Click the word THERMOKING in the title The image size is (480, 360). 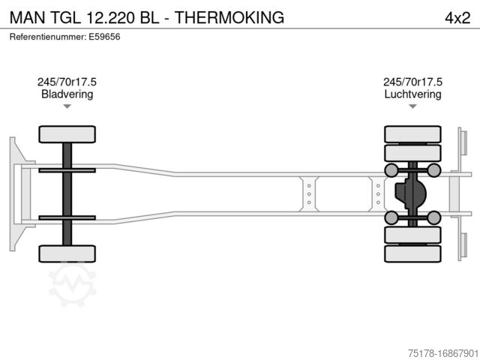pos(229,17)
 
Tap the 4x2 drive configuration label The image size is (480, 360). pos(457,18)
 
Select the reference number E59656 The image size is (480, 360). pos(104,37)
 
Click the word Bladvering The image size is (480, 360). pos(67,94)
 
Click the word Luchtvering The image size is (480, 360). pos(412,94)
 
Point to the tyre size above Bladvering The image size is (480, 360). pos(67,82)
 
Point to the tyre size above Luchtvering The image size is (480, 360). pos(412,82)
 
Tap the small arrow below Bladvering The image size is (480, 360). pos(67,106)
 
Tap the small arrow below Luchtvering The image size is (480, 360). pos(412,106)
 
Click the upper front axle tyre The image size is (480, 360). pos(67,134)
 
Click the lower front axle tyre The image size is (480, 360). pos(67,253)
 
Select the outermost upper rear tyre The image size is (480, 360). pos(412,134)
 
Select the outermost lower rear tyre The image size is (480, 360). pos(412,253)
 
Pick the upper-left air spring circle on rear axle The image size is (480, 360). pos(391,170)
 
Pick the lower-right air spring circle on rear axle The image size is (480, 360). pos(433,217)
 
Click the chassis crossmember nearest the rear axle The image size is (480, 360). pos(378,194)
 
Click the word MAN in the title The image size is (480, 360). pos(28,17)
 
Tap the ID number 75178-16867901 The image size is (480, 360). pos(443,353)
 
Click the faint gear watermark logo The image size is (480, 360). pos(72,283)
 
